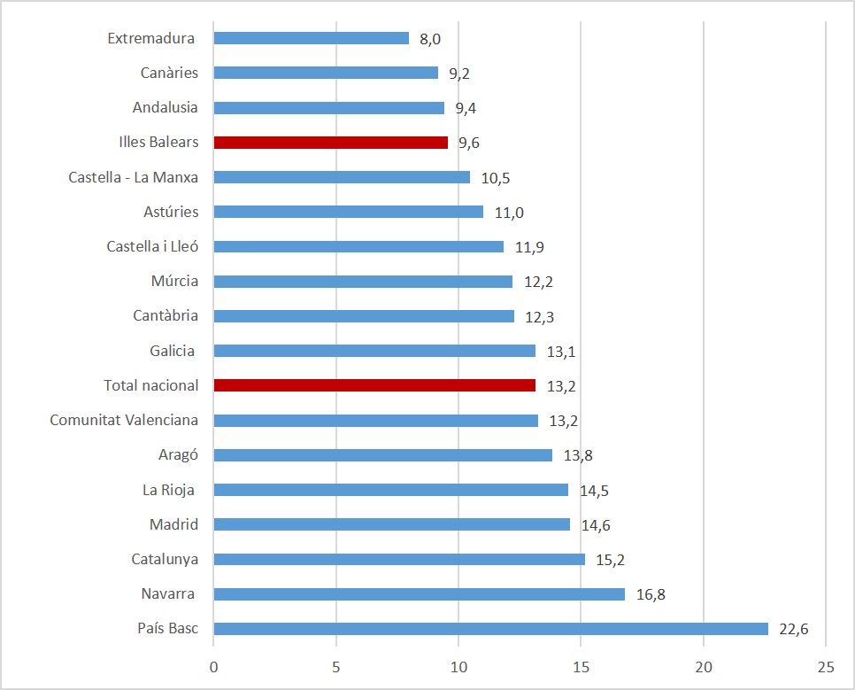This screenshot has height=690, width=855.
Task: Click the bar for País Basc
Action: [491, 629]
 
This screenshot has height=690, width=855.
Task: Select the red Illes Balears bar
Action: [331, 142]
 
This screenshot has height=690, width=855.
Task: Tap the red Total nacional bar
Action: [374, 385]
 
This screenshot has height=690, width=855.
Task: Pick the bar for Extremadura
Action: [312, 38]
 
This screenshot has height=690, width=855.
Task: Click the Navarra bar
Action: [420, 594]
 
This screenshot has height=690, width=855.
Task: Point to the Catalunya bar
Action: [399, 560]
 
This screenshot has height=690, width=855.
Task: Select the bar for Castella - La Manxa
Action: [342, 177]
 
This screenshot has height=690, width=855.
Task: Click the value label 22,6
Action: [794, 630]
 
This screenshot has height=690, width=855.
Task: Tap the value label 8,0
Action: [430, 39]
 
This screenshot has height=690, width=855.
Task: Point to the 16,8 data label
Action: [651, 595]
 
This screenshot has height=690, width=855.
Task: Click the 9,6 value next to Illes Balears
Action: [469, 143]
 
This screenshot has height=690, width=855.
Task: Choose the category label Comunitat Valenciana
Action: [124, 420]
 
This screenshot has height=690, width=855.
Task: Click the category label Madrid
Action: [173, 524]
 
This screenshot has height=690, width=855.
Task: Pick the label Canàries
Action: [169, 73]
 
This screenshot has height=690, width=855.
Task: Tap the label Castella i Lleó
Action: [152, 246]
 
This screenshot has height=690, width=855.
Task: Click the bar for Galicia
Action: [374, 351]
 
